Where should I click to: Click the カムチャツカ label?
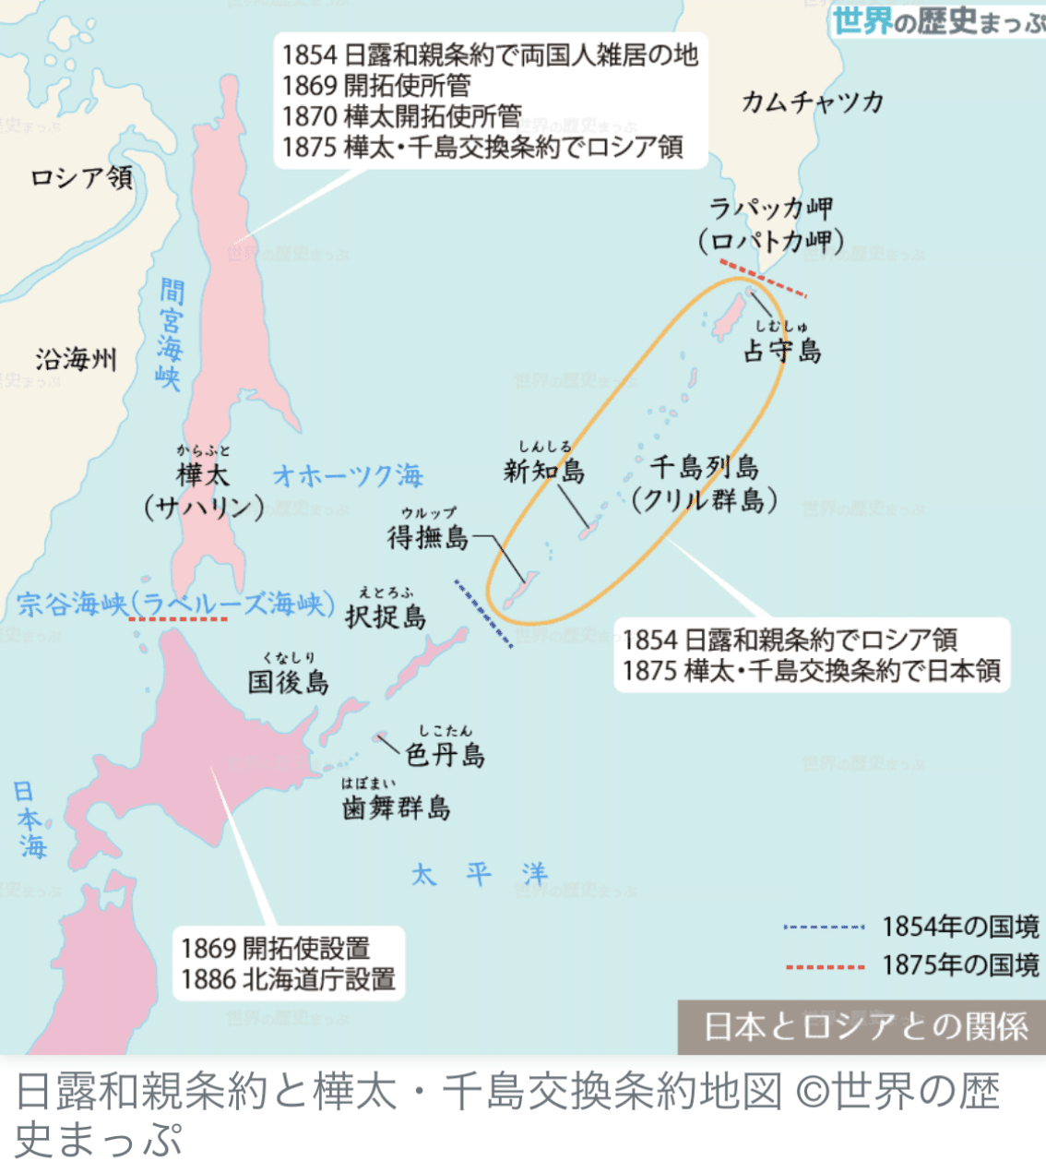[x=813, y=102]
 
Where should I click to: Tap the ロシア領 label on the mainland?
[x=81, y=177]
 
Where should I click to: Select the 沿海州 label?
[x=77, y=359]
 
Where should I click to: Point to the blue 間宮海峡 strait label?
[x=170, y=334]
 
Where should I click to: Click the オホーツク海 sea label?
[x=348, y=476]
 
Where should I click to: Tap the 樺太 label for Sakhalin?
[x=203, y=475]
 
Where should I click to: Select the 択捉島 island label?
[x=386, y=616]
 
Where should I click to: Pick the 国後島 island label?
[x=288, y=682]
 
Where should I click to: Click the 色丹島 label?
[x=446, y=755]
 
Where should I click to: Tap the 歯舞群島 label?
[x=397, y=808]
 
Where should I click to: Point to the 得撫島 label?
[x=428, y=536]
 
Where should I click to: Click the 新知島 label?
[x=544, y=471]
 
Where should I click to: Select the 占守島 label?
[x=782, y=351]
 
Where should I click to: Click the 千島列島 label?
[x=705, y=467]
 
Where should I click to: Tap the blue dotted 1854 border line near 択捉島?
[x=484, y=614]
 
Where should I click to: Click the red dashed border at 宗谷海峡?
[x=178, y=619]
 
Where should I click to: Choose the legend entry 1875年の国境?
[x=959, y=965]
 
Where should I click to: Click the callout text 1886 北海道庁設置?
[x=289, y=979]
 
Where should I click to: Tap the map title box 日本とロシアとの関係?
[x=864, y=1026]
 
